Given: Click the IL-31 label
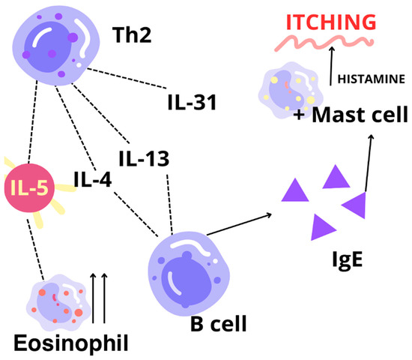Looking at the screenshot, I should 192,100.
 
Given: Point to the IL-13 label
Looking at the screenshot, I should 144,158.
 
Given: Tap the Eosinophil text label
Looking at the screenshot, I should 70,343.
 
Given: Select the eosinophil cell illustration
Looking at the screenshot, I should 49,298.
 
